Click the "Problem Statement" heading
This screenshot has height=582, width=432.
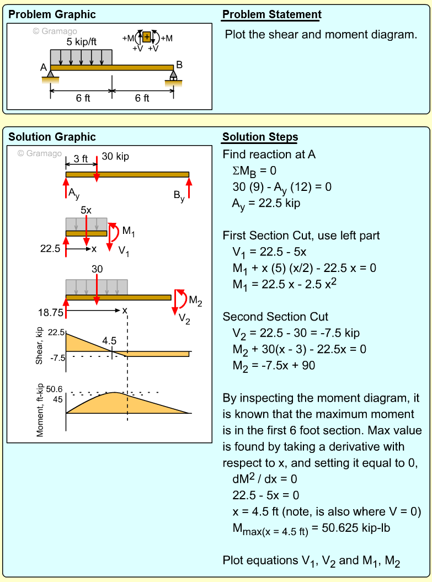pyautogui.click(x=271, y=15)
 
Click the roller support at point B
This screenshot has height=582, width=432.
pyautogui.click(x=173, y=75)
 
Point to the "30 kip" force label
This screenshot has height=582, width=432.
pyautogui.click(x=115, y=157)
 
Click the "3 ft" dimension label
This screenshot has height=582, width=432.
pyautogui.click(x=81, y=158)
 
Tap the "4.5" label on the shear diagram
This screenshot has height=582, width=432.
pyautogui.click(x=110, y=341)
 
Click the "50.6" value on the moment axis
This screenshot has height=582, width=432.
pyautogui.click(x=55, y=389)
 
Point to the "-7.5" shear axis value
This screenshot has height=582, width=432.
pyautogui.click(x=57, y=357)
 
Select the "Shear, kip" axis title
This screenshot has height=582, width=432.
pyautogui.click(x=40, y=346)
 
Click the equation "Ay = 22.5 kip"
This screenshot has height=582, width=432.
pyautogui.click(x=266, y=203)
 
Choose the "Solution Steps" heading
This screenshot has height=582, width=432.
pyautogui.click(x=260, y=137)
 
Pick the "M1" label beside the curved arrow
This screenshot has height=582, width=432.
pyautogui.click(x=129, y=232)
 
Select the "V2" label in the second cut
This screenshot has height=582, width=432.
pyautogui.click(x=185, y=317)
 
